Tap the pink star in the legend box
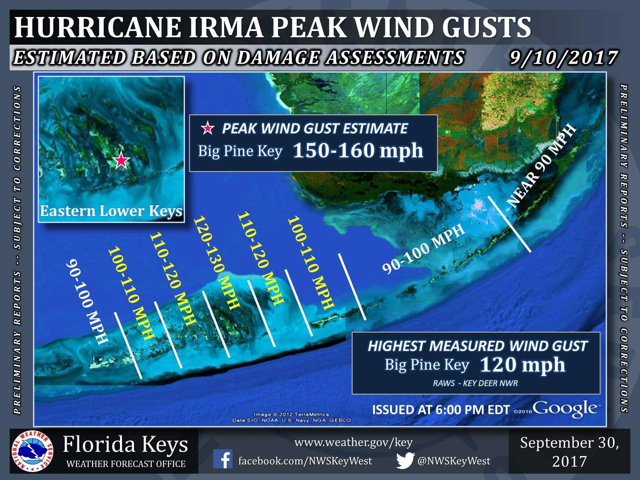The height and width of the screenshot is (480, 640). click(208, 128)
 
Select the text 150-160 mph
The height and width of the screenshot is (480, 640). click(358, 151)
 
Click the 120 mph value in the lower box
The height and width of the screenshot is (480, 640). click(522, 365)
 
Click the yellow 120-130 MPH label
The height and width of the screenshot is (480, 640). click(216, 263)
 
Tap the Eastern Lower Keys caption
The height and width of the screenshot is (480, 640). click(111, 211)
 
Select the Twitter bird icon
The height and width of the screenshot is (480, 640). click(405, 460)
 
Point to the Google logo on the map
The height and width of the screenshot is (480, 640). click(565, 408)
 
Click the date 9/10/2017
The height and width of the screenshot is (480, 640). click(563, 57)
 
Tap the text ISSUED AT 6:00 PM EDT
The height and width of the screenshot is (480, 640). click(441, 410)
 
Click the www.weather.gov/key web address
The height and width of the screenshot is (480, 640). click(353, 442)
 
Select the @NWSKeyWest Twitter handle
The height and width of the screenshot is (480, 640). click(454, 461)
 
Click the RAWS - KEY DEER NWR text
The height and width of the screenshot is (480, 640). click(475, 383)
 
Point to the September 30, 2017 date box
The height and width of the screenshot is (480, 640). click(569, 452)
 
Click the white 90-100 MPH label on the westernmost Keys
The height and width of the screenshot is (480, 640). click(87, 302)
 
